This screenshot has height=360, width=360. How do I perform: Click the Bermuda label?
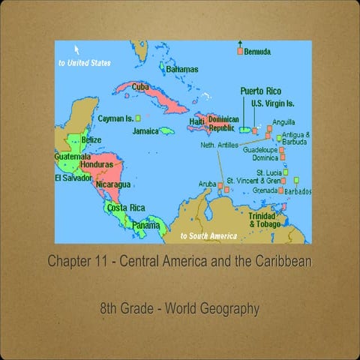pyautogui.click(x=257, y=52)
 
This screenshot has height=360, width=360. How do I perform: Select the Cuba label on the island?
pyautogui.click(x=140, y=87)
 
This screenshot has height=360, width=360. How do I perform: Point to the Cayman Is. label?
pyautogui.click(x=115, y=118)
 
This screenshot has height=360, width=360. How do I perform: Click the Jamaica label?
pyautogui.click(x=145, y=130)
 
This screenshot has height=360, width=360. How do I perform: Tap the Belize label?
pyautogui.click(x=91, y=140)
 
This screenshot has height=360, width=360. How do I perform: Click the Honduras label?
pyautogui.click(x=96, y=163)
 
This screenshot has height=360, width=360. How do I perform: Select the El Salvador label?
pyautogui.click(x=73, y=178)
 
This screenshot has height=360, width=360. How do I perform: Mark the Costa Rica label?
pyautogui.click(x=125, y=208)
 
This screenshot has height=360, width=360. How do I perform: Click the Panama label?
pyautogui.click(x=145, y=225)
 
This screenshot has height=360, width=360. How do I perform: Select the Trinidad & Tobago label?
pyautogui.click(x=265, y=220)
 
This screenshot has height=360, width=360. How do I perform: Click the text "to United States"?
pyautogui.click(x=84, y=63)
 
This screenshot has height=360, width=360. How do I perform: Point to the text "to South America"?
pyautogui.click(x=208, y=235)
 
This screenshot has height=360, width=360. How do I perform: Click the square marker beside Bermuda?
pyautogui.click(x=240, y=52)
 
